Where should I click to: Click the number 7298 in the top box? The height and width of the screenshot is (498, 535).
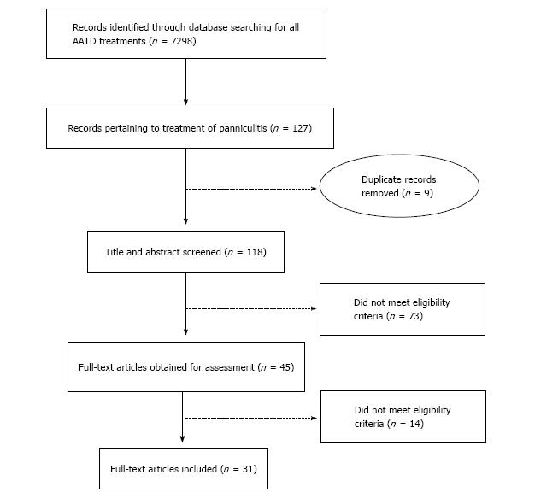click(x=182, y=41)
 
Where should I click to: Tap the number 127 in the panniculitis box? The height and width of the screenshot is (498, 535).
click(x=300, y=128)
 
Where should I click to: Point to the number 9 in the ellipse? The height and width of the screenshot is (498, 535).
click(x=426, y=193)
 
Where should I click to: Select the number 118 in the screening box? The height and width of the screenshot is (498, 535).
click(x=255, y=252)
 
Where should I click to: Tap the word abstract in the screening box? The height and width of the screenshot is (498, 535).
click(x=163, y=252)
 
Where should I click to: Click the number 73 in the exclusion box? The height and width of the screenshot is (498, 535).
click(x=414, y=316)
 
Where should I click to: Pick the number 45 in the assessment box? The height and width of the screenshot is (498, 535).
click(x=285, y=367)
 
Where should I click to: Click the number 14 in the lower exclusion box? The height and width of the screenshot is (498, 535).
click(x=414, y=424)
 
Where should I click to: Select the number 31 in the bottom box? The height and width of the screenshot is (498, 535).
click(x=248, y=469)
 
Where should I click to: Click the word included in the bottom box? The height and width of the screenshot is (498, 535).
click(x=199, y=469)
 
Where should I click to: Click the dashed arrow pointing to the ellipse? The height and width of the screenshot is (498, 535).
click(x=251, y=189)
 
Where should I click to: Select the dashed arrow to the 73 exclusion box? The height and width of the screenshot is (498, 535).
click(x=251, y=308)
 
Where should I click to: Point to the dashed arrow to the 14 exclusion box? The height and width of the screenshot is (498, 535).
click(x=251, y=418)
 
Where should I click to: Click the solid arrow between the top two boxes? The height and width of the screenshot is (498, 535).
click(x=186, y=82)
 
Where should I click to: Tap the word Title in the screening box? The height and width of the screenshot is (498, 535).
click(x=115, y=252)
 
